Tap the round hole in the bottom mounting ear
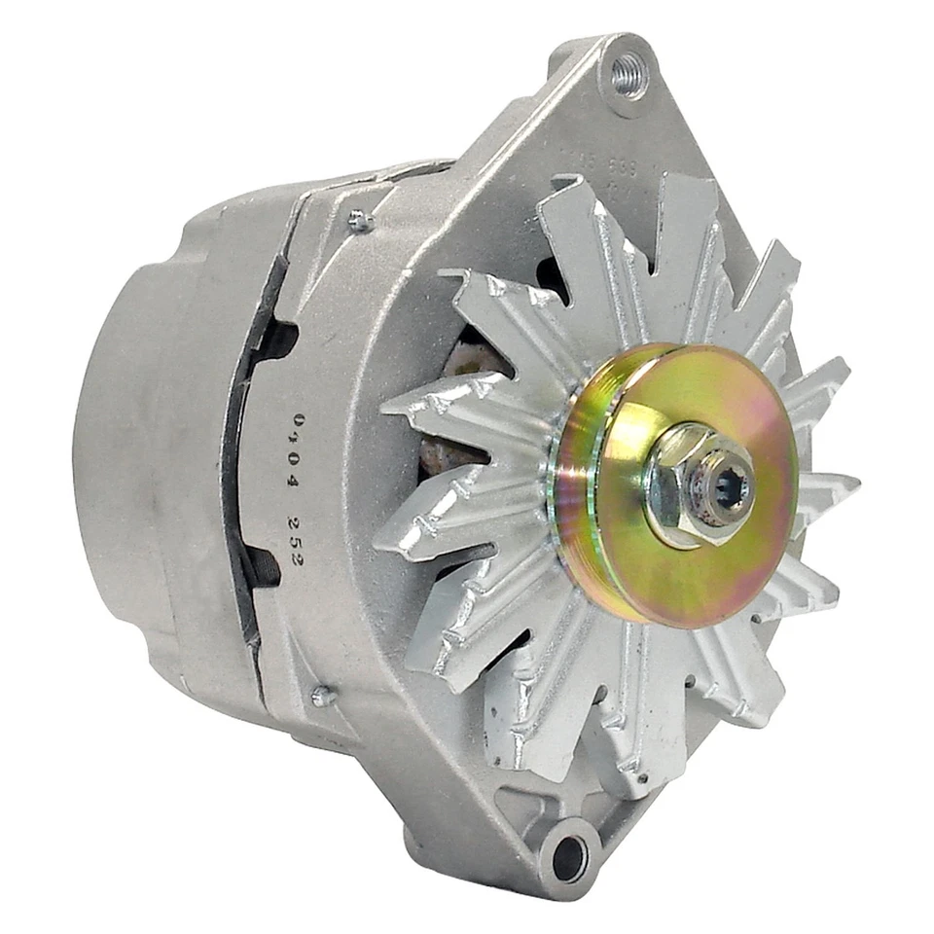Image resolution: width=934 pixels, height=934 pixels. pos(569,856)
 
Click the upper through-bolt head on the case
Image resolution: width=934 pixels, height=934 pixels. pos(361,222)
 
